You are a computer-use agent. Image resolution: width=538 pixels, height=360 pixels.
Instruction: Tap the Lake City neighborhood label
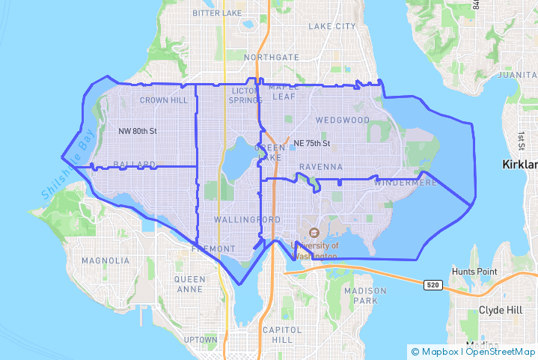pos(332,26)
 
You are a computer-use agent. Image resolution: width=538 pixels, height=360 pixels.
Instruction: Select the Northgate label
pos(266,57)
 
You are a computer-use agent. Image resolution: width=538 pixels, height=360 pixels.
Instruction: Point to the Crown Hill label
pos(164,100)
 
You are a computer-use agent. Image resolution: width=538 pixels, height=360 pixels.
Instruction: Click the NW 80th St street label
pos(138,131)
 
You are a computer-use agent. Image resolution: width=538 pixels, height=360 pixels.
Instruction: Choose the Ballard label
pos(134,164)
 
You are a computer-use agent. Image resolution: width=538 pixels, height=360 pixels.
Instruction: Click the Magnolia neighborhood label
pos(106,260)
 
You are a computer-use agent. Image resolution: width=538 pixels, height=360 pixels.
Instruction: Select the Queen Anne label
pos(189,284)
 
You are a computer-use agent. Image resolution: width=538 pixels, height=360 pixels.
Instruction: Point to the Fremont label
pos(213,248)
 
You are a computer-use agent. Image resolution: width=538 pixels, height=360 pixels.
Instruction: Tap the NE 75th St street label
pos(312,143)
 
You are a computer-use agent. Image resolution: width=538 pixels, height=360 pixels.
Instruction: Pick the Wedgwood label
pos(342,120)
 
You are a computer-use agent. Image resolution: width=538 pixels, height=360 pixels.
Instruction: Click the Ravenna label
pos(320,166)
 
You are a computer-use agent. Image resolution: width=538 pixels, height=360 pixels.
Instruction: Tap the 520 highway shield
pos(432,285)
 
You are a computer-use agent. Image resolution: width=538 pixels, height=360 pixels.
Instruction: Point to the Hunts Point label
pos(474,271)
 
